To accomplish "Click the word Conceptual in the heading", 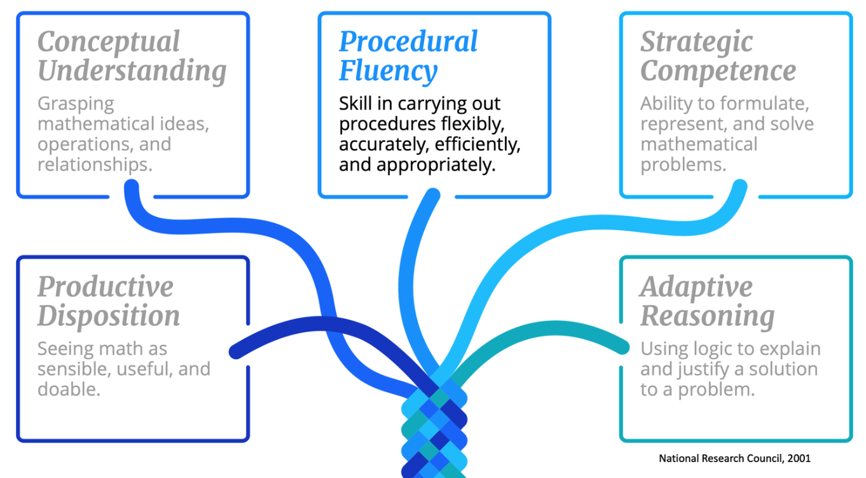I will (x=109, y=43).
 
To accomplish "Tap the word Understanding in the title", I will (x=132, y=71).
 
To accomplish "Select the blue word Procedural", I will (x=408, y=43).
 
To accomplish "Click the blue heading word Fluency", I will (x=388, y=71).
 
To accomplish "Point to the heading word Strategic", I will (x=696, y=43).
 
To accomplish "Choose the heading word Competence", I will (x=718, y=71).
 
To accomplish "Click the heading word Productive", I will (x=106, y=287).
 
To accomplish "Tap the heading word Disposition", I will (x=109, y=316).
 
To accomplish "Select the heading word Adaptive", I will (x=696, y=287).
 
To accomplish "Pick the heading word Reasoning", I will (x=707, y=316).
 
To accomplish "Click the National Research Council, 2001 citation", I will (x=734, y=458).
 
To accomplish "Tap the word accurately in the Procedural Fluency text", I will (x=383, y=144).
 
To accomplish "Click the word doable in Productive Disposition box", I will (x=69, y=389).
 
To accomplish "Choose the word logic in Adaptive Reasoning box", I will (x=719, y=349).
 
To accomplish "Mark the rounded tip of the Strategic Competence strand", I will (x=739, y=187).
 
